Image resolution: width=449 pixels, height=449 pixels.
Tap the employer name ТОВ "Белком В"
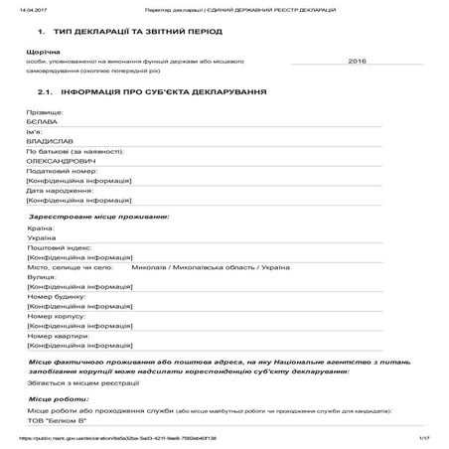tap(58, 419)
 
